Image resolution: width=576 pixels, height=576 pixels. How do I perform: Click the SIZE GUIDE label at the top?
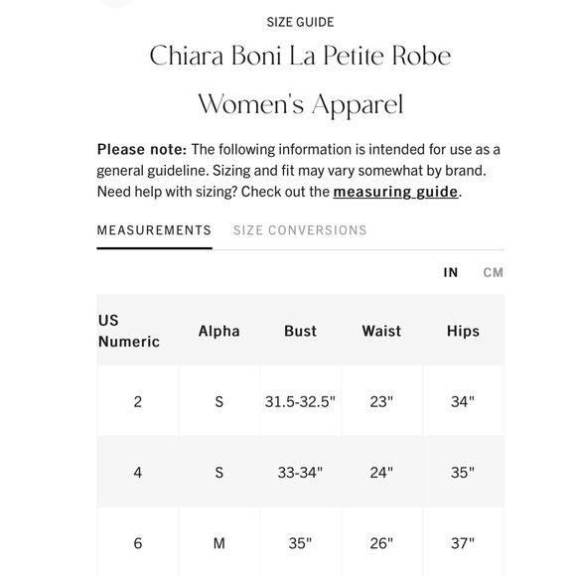[300, 22]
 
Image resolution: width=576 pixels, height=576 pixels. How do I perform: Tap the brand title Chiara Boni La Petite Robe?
[300, 56]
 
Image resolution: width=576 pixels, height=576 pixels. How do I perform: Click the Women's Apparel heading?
[300, 104]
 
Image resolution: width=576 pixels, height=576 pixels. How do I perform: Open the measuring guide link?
[395, 192]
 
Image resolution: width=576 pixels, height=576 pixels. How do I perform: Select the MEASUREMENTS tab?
[154, 230]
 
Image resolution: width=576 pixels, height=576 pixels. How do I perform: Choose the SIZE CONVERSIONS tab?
[300, 230]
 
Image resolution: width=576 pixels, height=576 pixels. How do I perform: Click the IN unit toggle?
[451, 272]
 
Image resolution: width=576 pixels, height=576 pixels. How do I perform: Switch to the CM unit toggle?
[493, 272]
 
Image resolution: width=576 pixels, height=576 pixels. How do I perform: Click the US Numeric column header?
[129, 331]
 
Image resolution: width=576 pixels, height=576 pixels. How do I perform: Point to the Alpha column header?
[218, 331]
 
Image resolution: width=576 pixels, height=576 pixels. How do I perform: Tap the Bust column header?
[300, 331]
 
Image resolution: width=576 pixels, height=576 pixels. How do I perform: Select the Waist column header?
[381, 331]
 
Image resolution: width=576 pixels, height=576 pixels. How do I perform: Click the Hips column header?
[463, 331]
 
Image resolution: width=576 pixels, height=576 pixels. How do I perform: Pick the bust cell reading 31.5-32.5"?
[300, 402]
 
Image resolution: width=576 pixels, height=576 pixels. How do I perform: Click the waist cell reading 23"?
[381, 402]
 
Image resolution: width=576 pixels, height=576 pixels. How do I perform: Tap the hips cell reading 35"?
[463, 473]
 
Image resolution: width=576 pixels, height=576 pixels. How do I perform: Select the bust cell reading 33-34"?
[300, 473]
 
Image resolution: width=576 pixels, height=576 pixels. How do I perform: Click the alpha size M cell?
[218, 543]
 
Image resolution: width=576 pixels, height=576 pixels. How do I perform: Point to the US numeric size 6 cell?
[137, 543]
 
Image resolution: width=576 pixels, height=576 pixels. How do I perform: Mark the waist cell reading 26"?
[381, 543]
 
